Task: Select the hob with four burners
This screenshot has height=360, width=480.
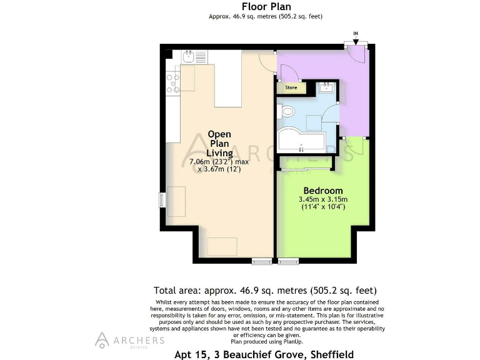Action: [172, 82]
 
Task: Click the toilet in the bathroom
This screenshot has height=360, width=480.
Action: [287, 112]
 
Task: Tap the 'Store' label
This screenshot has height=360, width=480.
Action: [291, 87]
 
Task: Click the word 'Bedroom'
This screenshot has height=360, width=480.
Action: [322, 190]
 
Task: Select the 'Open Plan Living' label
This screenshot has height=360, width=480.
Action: [219, 143]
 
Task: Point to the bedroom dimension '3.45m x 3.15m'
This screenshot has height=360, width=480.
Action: [322, 199]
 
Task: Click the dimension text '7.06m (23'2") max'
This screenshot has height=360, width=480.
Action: [219, 161]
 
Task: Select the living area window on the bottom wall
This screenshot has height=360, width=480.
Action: [262, 259]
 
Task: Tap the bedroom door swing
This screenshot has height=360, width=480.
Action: [352, 147]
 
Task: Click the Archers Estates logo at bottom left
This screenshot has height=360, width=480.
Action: [130, 341]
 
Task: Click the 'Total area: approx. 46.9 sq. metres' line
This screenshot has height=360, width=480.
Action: [265, 291]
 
